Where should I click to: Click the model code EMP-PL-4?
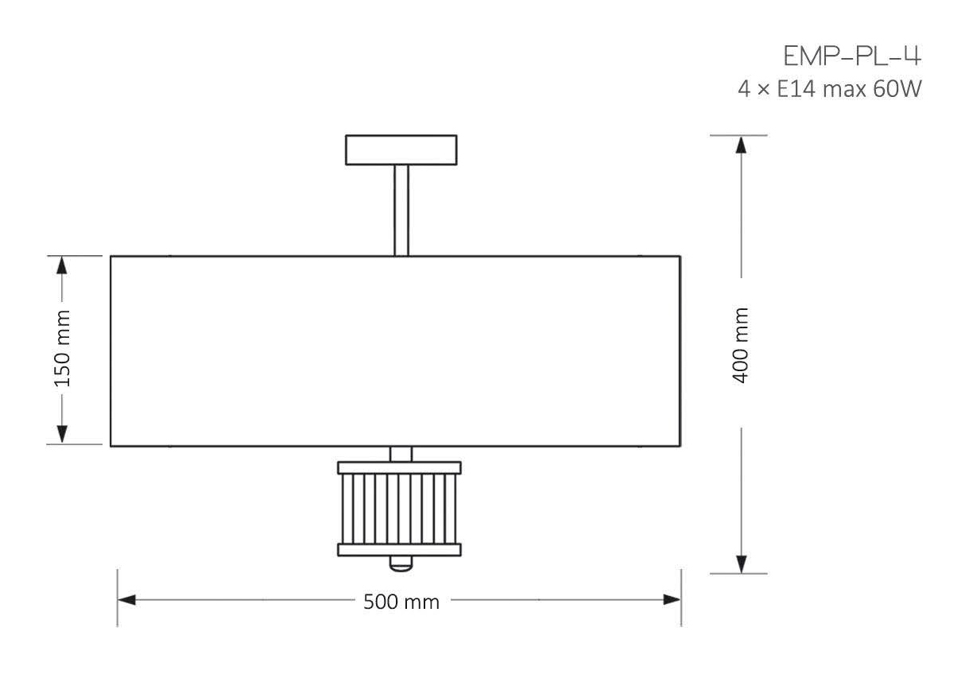(852, 57)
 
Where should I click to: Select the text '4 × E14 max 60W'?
(829, 89)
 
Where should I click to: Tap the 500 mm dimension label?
(401, 602)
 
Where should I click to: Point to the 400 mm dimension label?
(741, 346)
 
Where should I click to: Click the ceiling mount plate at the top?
(401, 150)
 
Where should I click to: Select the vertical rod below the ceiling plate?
(401, 210)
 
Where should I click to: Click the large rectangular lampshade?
(395, 351)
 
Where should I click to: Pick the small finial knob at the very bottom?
(401, 564)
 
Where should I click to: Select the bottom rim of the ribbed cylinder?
(399, 549)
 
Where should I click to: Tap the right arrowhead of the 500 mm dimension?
(672, 599)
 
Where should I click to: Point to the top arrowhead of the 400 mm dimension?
(741, 145)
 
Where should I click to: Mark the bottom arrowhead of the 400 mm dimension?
(741, 563)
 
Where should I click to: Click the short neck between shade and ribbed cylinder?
(401, 454)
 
